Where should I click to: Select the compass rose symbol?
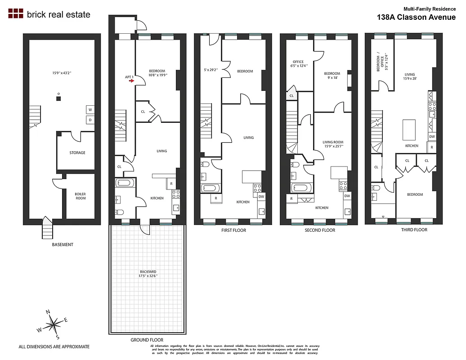point(54,324)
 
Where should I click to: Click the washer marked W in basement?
point(90,110)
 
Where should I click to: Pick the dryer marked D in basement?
point(90,120)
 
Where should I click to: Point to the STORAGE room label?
point(77,153)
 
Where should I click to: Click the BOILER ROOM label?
point(80,196)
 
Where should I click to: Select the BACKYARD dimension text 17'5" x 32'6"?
point(148,274)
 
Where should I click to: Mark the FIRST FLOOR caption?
point(233,230)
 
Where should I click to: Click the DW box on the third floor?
point(432,137)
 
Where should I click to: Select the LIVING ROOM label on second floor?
point(333,144)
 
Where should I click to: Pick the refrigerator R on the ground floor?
point(170,183)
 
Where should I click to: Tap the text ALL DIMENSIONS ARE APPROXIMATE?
point(54,347)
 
